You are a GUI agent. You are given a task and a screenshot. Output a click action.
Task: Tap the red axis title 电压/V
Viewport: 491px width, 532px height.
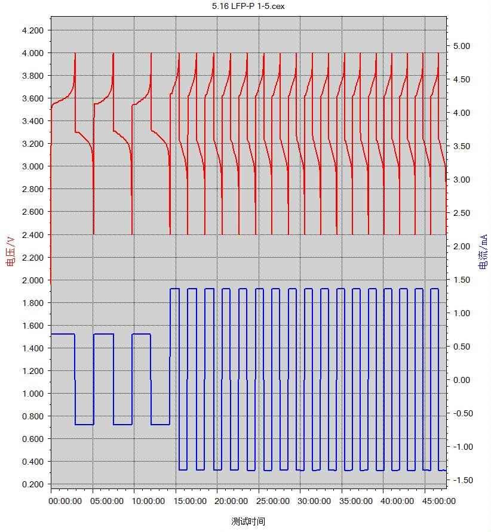(10, 251)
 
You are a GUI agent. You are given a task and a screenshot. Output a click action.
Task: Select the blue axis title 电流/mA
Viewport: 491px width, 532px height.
(483, 251)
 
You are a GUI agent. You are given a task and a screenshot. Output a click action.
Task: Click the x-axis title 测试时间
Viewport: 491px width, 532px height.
(248, 521)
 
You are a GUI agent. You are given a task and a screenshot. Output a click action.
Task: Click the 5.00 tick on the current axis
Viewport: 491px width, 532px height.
(462, 46)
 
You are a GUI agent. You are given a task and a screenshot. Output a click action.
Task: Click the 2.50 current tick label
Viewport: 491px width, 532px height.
(462, 213)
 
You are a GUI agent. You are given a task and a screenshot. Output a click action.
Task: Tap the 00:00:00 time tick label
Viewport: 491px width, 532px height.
(65, 501)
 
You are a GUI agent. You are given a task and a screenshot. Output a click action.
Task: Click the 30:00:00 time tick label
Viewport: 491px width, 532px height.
(314, 501)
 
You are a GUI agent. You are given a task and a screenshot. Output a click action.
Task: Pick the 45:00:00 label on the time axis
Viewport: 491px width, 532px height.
(438, 501)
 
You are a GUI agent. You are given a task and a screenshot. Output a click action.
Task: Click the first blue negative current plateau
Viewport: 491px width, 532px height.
(84, 425)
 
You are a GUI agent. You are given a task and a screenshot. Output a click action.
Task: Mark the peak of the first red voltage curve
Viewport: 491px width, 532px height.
(75, 54)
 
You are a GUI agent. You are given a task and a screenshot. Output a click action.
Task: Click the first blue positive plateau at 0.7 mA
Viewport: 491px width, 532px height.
(63, 334)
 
